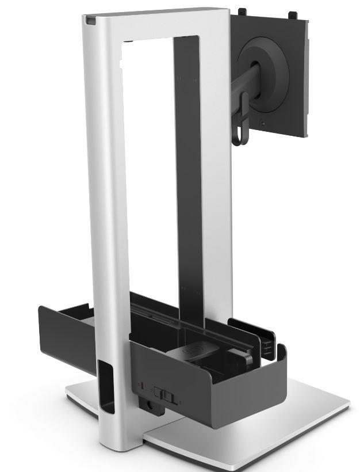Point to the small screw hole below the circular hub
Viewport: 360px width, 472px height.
(263, 123)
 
